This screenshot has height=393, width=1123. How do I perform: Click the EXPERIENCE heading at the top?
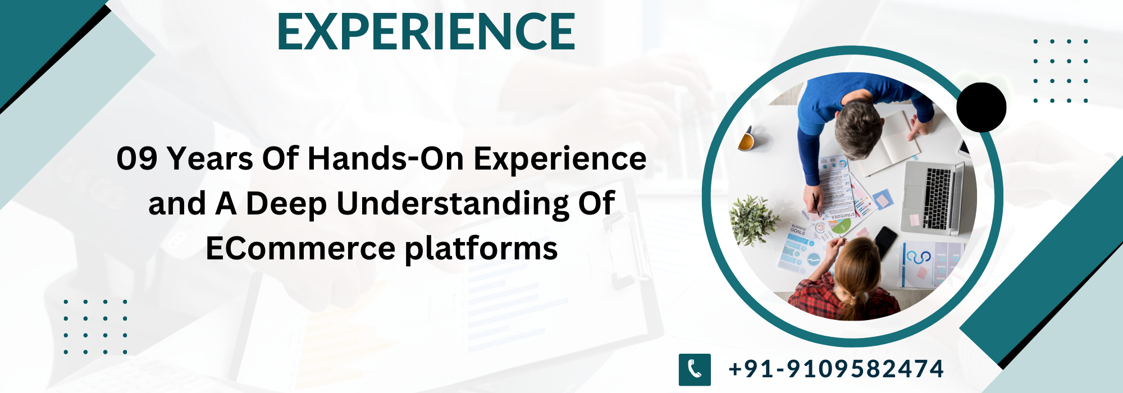pyautogui.click(x=426, y=32)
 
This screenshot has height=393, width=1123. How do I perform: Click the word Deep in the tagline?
pyautogui.click(x=286, y=204)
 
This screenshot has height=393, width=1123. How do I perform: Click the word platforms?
pyautogui.click(x=481, y=249)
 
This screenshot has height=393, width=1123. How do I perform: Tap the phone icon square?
pyautogui.click(x=695, y=369)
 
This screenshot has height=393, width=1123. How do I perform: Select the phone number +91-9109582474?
pyautogui.click(x=836, y=369)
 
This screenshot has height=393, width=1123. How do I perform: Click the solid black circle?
pyautogui.click(x=981, y=107)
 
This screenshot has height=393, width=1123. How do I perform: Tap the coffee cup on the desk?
pyautogui.click(x=746, y=140)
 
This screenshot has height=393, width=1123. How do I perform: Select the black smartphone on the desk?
pyautogui.click(x=885, y=241)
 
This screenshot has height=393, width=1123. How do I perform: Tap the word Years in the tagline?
pyautogui.click(x=210, y=159)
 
